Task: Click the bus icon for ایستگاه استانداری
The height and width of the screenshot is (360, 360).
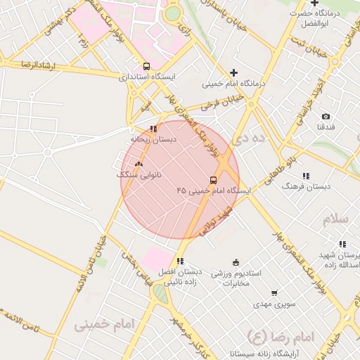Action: [146, 65]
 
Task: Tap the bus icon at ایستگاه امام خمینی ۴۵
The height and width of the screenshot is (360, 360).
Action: [214, 180]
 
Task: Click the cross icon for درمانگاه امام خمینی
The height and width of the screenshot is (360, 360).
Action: [234, 72]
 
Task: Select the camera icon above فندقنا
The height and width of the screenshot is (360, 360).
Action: [326, 116]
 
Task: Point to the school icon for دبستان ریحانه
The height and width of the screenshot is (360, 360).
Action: [154, 129]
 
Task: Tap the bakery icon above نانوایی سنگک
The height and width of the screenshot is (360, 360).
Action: [138, 163]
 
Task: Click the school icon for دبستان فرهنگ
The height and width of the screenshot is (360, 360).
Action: [305, 176]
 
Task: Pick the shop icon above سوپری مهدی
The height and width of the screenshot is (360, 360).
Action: [274, 293]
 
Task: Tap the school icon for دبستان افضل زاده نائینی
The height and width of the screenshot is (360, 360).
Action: [181, 261]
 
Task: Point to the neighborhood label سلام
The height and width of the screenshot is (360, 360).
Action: [336, 220]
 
